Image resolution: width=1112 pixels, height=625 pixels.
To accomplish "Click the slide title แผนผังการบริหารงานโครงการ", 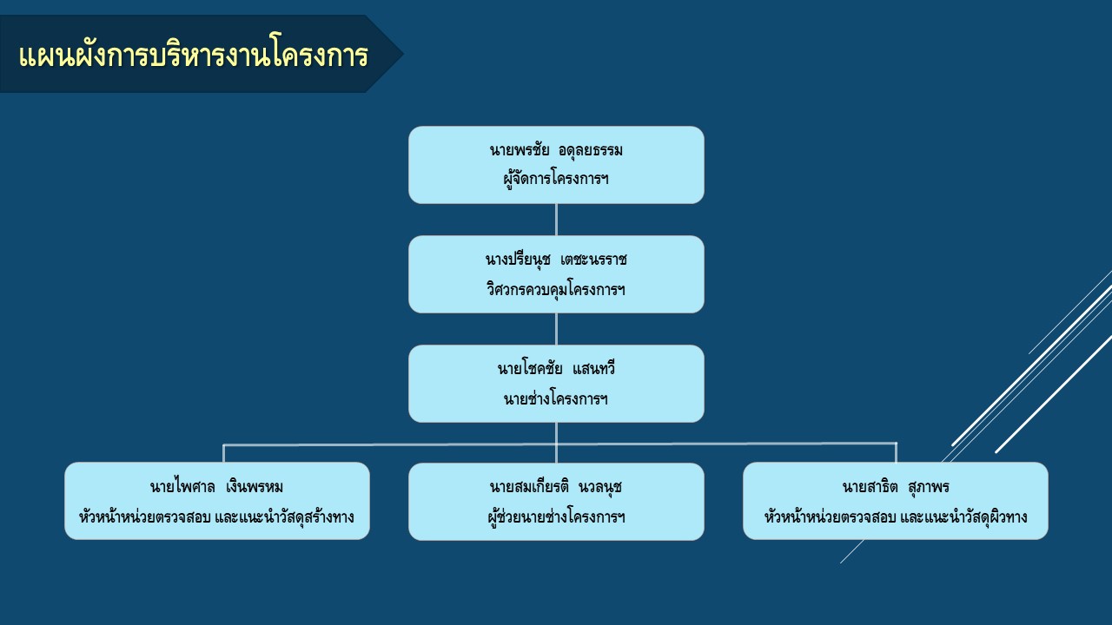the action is (194, 54).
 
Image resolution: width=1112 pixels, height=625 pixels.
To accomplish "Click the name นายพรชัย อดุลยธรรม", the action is (556, 150).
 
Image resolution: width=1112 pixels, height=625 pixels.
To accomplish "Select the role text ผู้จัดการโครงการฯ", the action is (556, 179).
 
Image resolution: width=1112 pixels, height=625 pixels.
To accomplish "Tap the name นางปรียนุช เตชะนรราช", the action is (556, 259).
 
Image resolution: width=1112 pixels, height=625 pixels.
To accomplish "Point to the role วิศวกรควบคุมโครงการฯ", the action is (556, 289).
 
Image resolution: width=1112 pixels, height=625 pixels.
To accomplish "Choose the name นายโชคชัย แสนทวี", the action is (556, 369).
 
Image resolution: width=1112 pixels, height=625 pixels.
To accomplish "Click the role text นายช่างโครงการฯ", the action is (556, 398).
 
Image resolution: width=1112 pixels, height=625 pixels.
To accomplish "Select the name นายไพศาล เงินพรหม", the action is (216, 487).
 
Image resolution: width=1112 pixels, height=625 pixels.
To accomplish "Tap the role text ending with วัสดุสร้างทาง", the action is (216, 516).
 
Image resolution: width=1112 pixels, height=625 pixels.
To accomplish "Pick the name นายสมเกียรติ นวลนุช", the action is (556, 487).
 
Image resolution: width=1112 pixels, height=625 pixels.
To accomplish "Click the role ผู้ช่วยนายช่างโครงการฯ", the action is (556, 516).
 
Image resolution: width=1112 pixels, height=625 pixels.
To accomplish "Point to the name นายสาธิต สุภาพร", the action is (896, 487).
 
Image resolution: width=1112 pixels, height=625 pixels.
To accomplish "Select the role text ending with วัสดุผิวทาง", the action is (896, 516).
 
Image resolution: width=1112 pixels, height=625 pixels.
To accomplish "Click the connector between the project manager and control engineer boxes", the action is (556, 220).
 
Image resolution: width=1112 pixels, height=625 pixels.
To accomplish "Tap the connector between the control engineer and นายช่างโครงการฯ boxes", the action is (556, 329).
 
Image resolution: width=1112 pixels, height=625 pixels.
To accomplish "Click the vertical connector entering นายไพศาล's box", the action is (224, 454).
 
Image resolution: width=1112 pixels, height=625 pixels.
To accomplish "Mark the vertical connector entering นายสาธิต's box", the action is (896, 452).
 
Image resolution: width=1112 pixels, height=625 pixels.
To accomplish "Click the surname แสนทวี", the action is (593, 369).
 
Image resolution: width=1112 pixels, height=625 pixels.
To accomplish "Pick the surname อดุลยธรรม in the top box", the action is (591, 150).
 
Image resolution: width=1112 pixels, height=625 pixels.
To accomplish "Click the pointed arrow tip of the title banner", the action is (402, 54).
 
